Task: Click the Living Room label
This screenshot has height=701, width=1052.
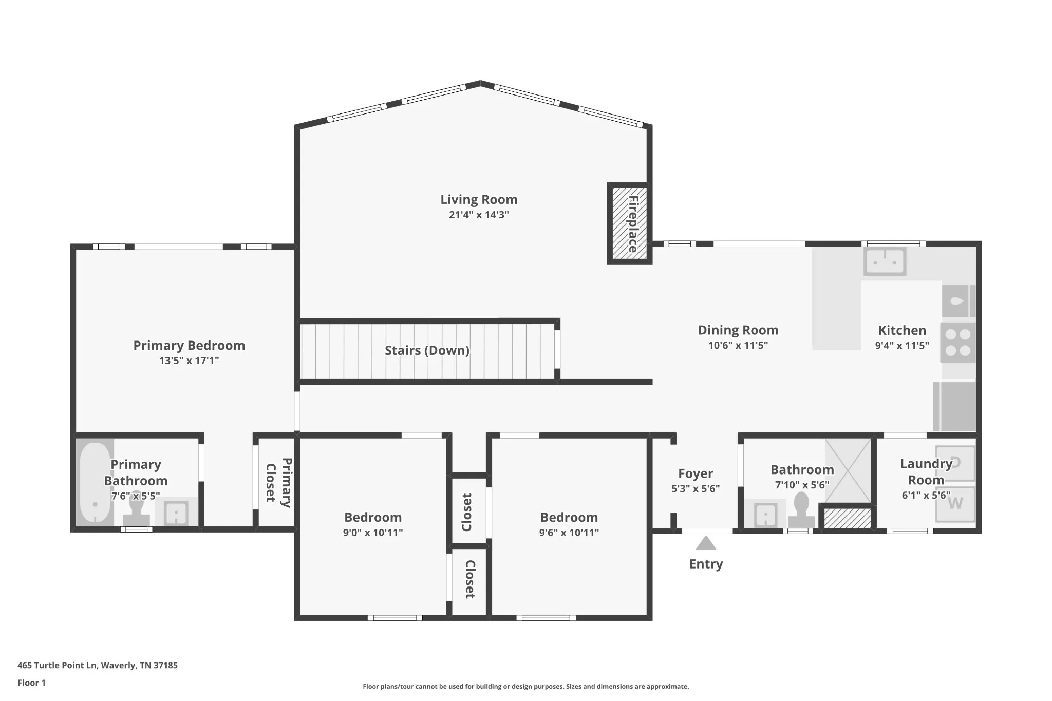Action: (479, 199)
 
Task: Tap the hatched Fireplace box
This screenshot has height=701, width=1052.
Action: (630, 223)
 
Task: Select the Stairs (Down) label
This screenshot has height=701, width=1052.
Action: (427, 350)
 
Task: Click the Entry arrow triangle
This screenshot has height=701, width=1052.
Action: (706, 543)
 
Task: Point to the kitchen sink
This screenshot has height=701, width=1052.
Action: (885, 261)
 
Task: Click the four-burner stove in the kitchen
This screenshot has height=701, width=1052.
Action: (958, 343)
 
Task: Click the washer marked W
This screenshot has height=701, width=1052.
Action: (955, 504)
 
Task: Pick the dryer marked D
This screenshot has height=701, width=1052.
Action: (955, 463)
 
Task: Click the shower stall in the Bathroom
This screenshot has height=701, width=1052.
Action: (848, 470)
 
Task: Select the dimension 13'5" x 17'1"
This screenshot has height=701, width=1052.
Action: (189, 361)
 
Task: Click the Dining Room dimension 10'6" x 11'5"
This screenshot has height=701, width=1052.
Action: (738, 346)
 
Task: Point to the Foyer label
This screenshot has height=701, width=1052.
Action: (696, 473)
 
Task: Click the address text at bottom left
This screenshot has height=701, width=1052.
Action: (98, 665)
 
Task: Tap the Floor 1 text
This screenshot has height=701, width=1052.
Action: (32, 683)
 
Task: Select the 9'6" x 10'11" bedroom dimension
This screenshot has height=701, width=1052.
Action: (569, 533)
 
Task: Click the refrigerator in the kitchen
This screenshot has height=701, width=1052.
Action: (954, 406)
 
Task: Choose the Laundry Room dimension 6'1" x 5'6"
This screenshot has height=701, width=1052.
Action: (926, 495)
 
